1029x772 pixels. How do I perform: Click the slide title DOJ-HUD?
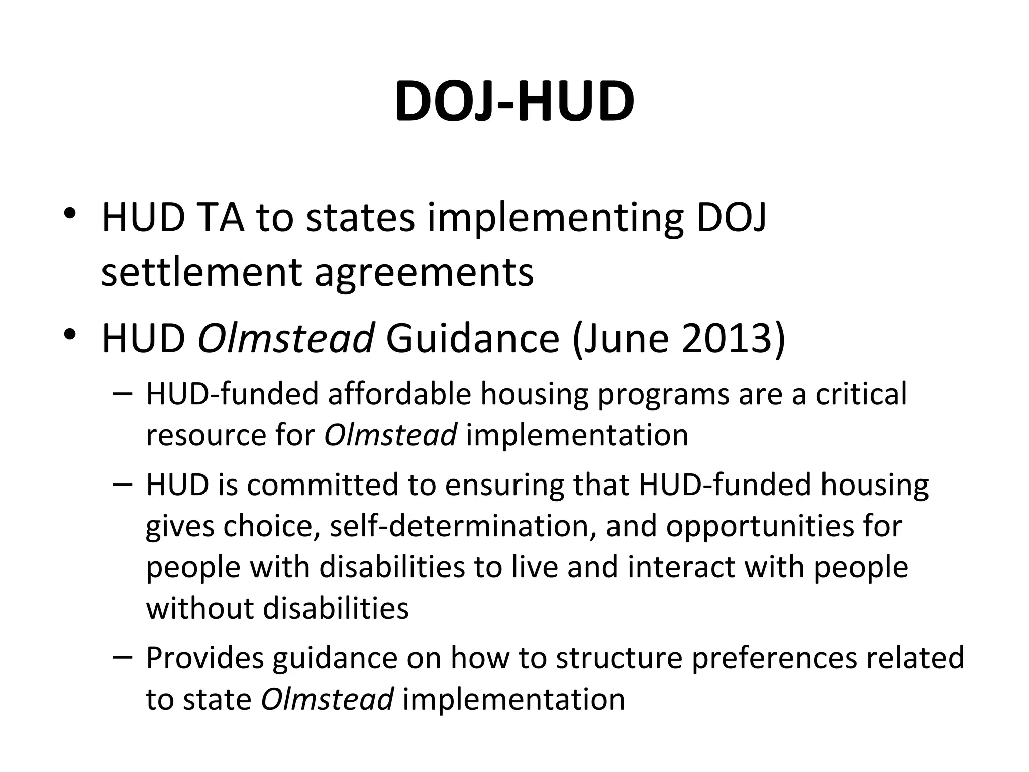pos(514,102)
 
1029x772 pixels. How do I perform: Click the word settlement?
pos(201,272)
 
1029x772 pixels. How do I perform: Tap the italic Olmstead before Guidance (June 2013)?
pos(286,338)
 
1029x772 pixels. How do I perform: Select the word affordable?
pos(400,393)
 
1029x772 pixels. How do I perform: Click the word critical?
pos(861,393)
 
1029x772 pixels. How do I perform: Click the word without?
pos(199,608)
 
